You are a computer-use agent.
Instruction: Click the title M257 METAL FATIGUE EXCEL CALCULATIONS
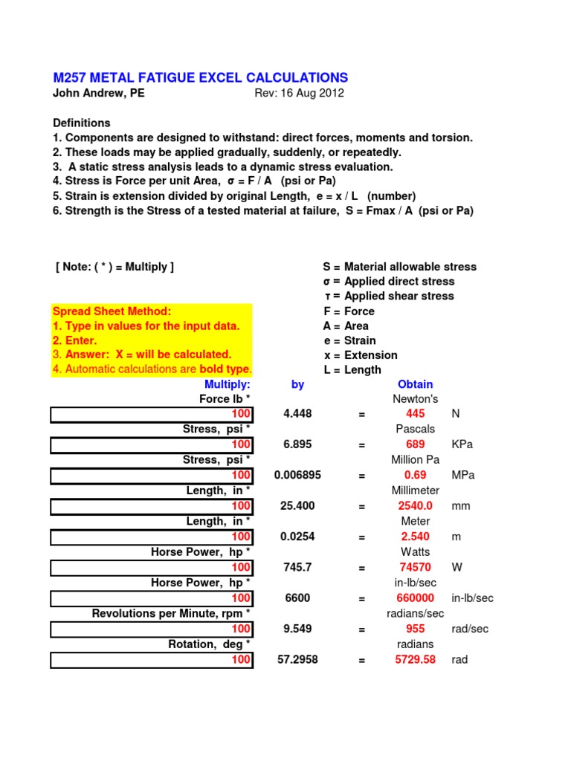pos(200,78)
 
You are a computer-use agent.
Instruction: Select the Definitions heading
pos(82,123)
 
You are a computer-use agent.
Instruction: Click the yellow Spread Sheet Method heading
pos(112,311)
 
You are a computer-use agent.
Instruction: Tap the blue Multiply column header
pos(228,384)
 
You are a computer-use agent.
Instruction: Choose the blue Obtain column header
pos(415,384)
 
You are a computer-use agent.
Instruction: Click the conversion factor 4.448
pos(297,414)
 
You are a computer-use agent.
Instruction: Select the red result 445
pos(415,414)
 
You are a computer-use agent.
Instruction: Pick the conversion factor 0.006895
pos(297,475)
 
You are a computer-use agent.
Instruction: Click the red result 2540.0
pos(415,506)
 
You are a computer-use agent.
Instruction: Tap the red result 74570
pos(415,567)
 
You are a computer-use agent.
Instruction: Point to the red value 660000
pos(415,598)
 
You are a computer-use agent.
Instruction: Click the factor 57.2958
pos(297,659)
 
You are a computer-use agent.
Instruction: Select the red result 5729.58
pos(415,659)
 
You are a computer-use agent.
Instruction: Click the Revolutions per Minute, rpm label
pos(171,613)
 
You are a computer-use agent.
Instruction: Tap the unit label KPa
pos(462,444)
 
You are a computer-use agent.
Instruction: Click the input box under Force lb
pos(152,414)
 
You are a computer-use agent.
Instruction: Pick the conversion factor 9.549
pos(297,629)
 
